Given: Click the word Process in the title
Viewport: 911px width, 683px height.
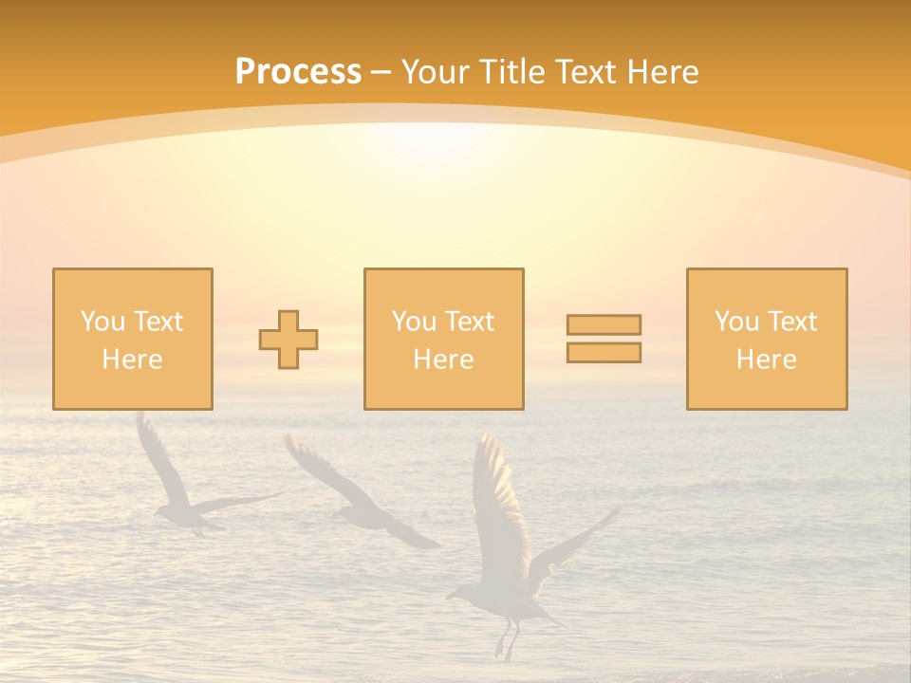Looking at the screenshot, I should pos(298,72).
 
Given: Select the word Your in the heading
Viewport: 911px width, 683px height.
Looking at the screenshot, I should pos(435,72).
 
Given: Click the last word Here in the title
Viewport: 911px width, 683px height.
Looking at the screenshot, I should pos(663,72).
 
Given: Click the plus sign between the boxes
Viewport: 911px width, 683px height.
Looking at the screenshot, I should pos(288,340).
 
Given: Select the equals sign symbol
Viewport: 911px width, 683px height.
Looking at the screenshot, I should pos(604,339).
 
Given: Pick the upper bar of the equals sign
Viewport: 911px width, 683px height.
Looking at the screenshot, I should pos(604,324).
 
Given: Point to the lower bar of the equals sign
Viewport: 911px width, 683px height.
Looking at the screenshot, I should pos(604,352).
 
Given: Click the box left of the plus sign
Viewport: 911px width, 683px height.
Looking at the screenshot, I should pos(132,339).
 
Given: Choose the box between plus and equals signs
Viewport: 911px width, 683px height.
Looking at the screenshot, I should pos(443,339).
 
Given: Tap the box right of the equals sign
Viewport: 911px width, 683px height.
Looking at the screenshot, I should pos(766,339).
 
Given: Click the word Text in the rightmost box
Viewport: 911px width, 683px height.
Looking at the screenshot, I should pos(792,322).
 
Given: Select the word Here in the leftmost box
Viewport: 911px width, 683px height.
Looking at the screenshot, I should pos(132,360).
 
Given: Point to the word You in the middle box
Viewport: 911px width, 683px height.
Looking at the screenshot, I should pos(414,322).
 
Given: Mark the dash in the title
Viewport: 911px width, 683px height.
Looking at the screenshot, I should pos(381,72).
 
